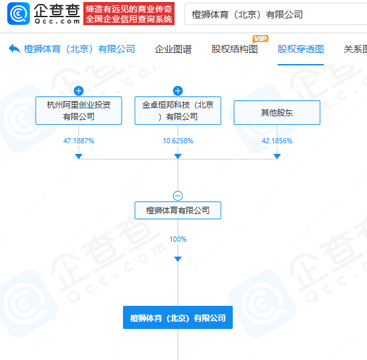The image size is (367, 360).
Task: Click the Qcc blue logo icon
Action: pyautogui.click(x=19, y=14)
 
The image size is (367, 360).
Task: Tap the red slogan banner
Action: pyautogui.click(x=129, y=14)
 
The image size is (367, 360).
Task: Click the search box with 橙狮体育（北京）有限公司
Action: pyautogui.click(x=276, y=14)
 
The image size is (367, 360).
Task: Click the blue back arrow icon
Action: pyautogui.click(x=15, y=49)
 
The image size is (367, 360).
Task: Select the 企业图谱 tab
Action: pyautogui.click(x=173, y=49)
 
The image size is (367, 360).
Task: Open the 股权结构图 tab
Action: pyautogui.click(x=235, y=49)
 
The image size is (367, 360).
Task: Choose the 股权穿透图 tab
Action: pyautogui.click(x=301, y=49)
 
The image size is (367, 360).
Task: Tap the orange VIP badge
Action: pyautogui.click(x=261, y=38)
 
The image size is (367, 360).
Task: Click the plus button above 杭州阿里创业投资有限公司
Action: pyautogui.click(x=79, y=90)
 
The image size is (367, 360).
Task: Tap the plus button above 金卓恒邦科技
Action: pyautogui.click(x=178, y=90)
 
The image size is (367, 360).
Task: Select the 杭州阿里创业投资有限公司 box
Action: pyautogui.click(x=79, y=110)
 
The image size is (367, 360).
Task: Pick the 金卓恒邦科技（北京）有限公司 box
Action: pyautogui.click(x=178, y=110)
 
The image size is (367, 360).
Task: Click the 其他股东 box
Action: pyautogui.click(x=277, y=113)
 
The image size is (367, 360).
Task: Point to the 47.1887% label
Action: pyautogui.click(x=79, y=141)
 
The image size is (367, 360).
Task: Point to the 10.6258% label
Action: pyautogui.click(x=178, y=141)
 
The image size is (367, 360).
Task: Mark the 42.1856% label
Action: pyautogui.click(x=277, y=141)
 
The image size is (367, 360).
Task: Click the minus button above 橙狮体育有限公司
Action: pyautogui.click(x=178, y=196)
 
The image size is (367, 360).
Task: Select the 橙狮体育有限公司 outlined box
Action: pyautogui.click(x=178, y=211)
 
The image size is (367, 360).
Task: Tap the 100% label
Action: pyautogui.click(x=178, y=239)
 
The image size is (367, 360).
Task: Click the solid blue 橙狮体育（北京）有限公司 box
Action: pyautogui.click(x=178, y=318)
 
